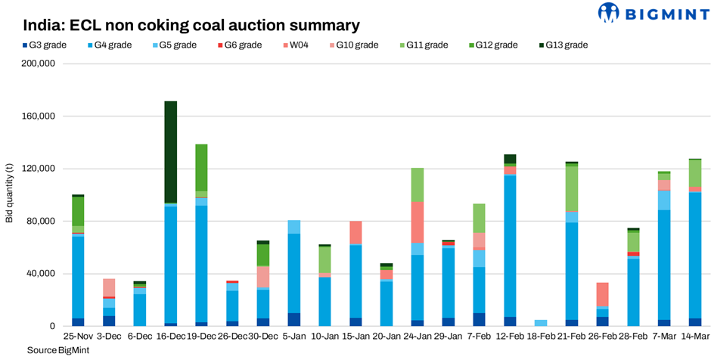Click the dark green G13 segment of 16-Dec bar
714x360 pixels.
coord(170,151)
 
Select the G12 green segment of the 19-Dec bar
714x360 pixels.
coord(201,167)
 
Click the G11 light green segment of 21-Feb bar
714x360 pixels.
coord(573,188)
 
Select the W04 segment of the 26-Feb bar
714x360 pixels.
coord(603,294)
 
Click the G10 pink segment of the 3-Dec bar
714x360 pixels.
coord(110,287)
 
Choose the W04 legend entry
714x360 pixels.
coord(295,45)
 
